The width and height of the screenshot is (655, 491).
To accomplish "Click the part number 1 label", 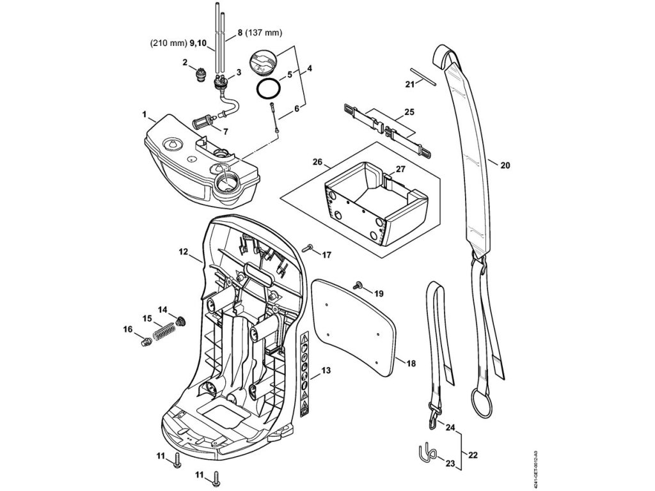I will pos(145,116).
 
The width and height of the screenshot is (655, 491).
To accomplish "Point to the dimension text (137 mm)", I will pos(265,33).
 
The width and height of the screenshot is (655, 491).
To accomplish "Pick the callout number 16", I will pos(128,329).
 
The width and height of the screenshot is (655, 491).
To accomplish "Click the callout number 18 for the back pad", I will pos(411,363).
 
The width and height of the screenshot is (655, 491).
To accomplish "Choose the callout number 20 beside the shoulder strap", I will pos(505,165).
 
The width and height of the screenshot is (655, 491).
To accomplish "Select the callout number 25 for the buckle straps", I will pos(409,112).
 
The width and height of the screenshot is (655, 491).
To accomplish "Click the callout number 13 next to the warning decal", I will pos(326,371).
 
